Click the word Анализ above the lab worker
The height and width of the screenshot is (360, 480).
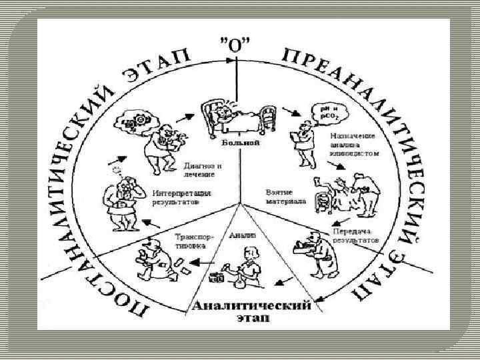coord(242,235)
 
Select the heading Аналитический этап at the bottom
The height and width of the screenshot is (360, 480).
coord(251,311)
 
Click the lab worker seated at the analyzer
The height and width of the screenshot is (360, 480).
coord(247,267)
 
